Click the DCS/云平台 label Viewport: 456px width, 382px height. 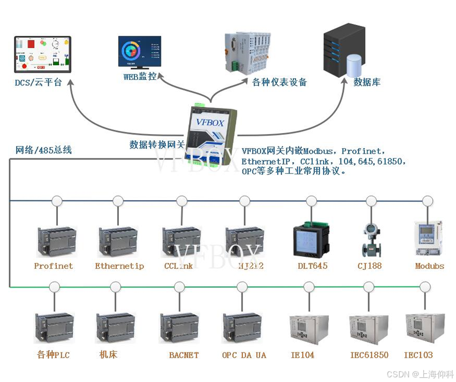[38, 82]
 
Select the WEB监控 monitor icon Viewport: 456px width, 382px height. [139, 53]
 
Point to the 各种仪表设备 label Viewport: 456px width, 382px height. [280, 82]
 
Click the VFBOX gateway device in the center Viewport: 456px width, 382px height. [209, 134]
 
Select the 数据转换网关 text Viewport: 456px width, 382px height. [157, 144]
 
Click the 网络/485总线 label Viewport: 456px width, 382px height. [43, 150]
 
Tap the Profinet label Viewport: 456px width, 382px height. [53, 266]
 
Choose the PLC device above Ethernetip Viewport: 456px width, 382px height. [118, 241]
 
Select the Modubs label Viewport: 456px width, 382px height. [429, 266]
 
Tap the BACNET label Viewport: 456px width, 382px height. [184, 355]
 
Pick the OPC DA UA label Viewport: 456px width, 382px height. [244, 355]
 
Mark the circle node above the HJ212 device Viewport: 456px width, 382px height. [245, 201]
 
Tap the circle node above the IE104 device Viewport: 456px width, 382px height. [309, 287]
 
